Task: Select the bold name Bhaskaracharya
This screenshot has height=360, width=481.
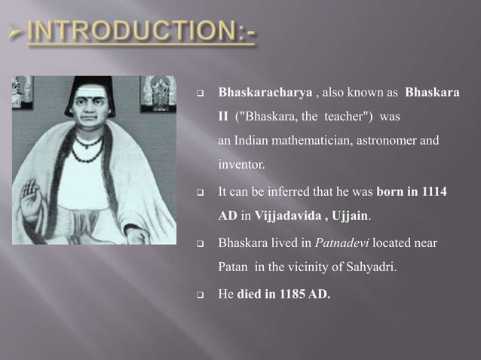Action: pos(264,94)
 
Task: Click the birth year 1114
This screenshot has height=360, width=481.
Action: pos(433,193)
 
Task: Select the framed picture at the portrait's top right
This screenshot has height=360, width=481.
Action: pos(158,93)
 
